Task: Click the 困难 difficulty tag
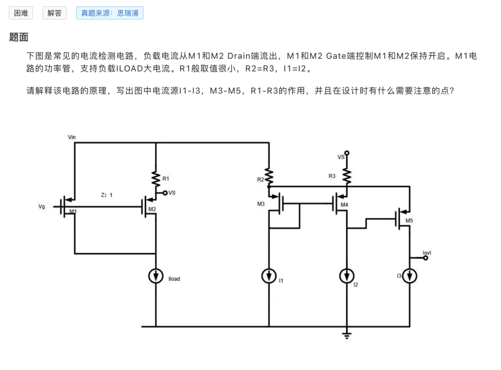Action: coord(21,13)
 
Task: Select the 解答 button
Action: coord(54,13)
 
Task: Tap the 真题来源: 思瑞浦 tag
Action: coord(109,13)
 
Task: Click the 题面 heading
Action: coord(19,38)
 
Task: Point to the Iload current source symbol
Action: coord(156,276)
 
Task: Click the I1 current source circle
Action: coord(269,276)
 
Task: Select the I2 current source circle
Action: coord(347,276)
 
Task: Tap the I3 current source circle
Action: coord(410,276)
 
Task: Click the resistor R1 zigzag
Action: coord(156,179)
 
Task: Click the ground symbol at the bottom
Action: coord(347,335)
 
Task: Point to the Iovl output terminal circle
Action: coord(425,258)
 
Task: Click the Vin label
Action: coord(71,137)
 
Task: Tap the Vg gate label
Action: coord(42,206)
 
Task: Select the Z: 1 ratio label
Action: coord(107,195)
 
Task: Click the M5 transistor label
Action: coord(409,221)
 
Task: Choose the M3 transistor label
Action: coord(261,204)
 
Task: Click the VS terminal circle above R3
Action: coord(347,153)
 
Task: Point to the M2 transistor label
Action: coord(152,209)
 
